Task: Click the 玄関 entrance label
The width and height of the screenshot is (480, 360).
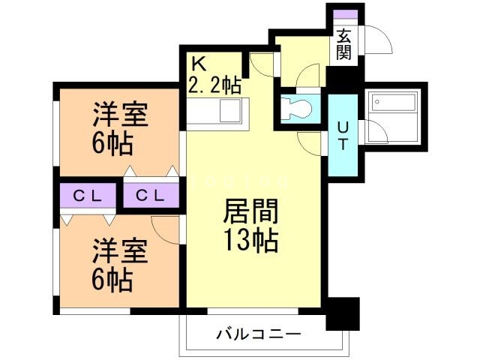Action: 344,43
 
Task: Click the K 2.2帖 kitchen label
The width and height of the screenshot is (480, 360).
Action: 214,73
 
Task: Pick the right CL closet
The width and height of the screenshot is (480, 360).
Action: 151,196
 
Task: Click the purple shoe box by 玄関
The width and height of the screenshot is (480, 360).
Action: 344,16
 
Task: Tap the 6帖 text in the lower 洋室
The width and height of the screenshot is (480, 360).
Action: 114,280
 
